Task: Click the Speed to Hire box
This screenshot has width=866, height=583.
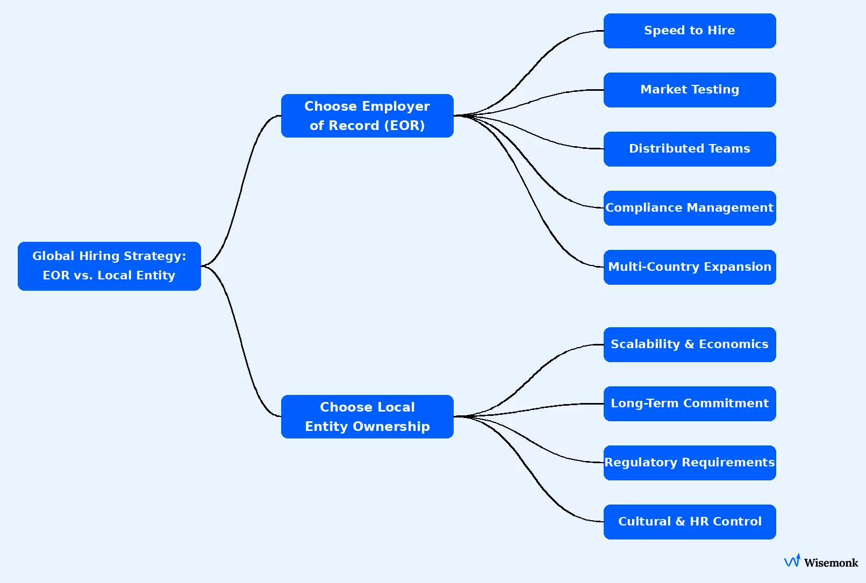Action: click(689, 31)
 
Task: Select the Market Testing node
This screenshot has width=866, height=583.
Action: click(689, 90)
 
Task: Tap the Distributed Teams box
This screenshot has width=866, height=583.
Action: click(689, 149)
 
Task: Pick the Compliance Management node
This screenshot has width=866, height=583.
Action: click(689, 208)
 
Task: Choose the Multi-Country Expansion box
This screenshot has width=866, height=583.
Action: click(689, 267)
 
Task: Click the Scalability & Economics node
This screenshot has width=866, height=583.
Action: click(689, 344)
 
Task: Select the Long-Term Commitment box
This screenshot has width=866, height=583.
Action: click(689, 404)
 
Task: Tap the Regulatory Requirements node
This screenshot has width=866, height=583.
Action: click(689, 463)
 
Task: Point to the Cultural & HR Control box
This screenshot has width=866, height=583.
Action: click(689, 522)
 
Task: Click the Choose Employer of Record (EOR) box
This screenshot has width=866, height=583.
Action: click(367, 116)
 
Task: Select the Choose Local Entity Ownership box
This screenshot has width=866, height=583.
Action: click(367, 416)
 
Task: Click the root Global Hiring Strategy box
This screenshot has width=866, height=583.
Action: click(109, 266)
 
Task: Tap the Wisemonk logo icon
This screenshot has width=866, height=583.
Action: click(792, 561)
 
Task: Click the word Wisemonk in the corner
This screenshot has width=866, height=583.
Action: click(831, 563)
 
